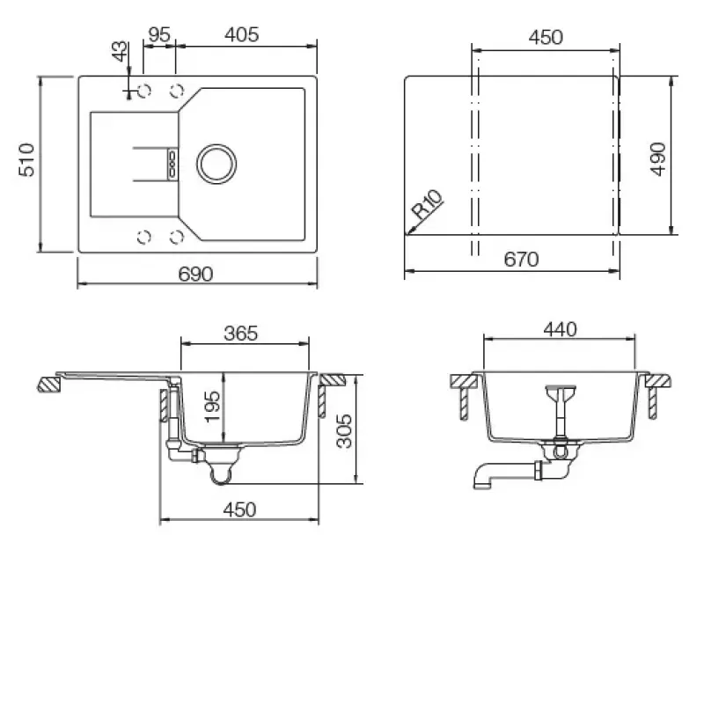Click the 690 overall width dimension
point(195,274)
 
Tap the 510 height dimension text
point(27,160)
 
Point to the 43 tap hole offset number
point(120,51)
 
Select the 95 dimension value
point(159,34)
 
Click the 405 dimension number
point(241,34)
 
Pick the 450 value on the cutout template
point(546,37)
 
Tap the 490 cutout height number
point(658,159)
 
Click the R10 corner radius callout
point(427,205)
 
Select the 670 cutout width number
point(521,259)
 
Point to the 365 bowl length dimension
point(241,334)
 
